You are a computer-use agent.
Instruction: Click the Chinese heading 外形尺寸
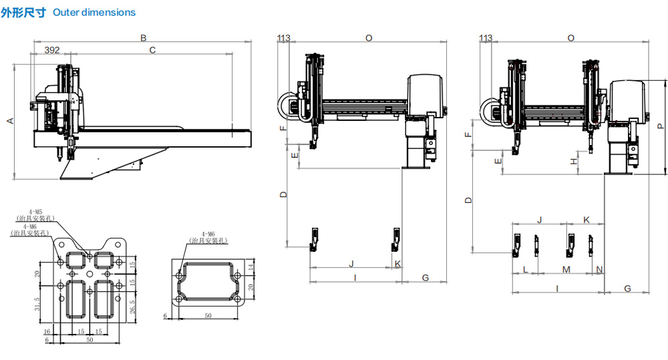[x=23, y=12]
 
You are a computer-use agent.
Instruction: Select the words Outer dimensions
[x=94, y=13]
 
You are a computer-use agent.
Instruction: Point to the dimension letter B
[x=143, y=38]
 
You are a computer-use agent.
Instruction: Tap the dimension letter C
[x=152, y=49]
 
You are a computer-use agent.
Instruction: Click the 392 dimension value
[x=51, y=49]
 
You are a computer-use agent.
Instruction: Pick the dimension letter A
[x=9, y=121]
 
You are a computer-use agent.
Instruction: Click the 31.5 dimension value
[x=38, y=303]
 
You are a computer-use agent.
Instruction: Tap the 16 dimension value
[x=47, y=331]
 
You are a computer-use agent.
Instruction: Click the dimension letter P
[x=659, y=125]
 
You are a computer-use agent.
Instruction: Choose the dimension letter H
[x=574, y=161]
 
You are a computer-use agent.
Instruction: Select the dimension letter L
[x=525, y=269]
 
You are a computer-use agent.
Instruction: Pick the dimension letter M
[x=566, y=269]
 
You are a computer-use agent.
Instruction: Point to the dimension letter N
[x=599, y=269]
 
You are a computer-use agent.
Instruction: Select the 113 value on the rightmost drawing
[x=486, y=38]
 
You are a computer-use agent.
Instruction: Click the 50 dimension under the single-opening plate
[x=208, y=315]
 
